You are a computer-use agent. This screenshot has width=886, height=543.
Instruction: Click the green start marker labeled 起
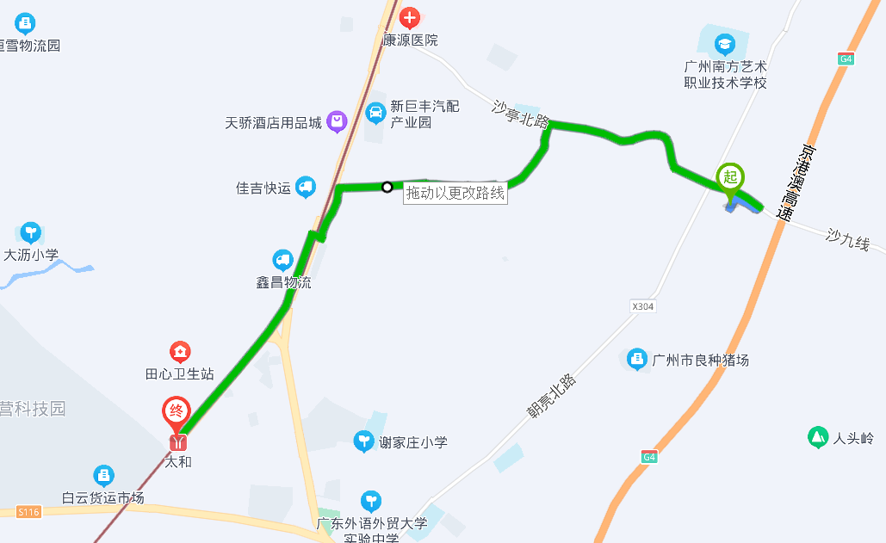pos(730,178)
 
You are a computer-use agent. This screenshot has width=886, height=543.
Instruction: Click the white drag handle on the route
pos(387,187)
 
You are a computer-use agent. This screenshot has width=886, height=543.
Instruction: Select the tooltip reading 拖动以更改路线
pos(455,194)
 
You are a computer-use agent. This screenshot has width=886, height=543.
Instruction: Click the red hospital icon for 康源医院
pos(409,17)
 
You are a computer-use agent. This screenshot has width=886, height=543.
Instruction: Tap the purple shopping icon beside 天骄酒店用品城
pos(336,122)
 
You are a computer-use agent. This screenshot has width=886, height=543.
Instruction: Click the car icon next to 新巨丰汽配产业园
pos(375,112)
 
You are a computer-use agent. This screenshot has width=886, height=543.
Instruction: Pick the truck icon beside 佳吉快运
pos(305,187)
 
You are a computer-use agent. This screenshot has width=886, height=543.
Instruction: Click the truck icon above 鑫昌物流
pos(282,260)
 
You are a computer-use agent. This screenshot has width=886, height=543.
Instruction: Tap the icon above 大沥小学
pos(31,232)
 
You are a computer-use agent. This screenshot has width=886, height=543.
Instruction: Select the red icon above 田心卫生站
pos(180,352)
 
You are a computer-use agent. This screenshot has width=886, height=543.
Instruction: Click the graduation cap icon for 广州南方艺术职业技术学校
pos(725,43)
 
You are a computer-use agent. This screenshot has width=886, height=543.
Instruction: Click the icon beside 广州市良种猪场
pos(636,360)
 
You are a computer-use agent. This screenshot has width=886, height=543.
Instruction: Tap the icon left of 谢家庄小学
pos(365,442)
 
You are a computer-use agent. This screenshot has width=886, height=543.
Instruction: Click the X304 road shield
pos(642,306)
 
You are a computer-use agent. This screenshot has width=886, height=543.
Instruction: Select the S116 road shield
pos(28,512)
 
